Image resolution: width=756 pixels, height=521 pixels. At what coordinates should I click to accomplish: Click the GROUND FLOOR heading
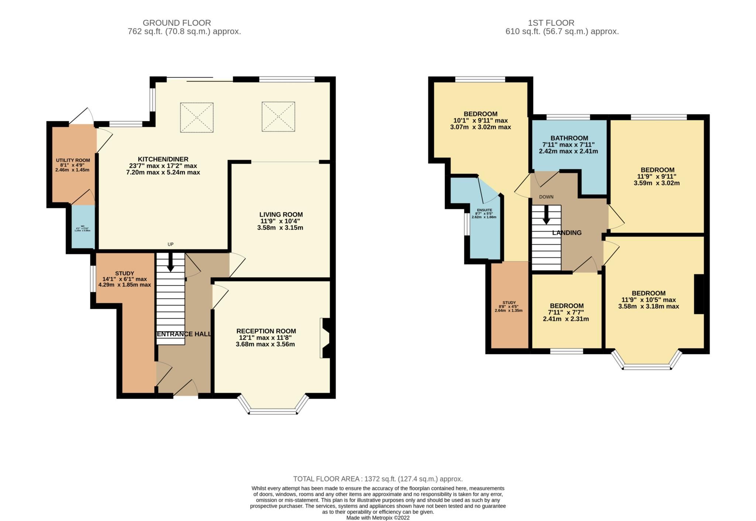(177, 23)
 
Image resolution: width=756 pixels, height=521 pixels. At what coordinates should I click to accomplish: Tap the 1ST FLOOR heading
(562, 23)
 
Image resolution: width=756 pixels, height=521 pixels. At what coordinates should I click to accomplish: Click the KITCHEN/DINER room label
(163, 159)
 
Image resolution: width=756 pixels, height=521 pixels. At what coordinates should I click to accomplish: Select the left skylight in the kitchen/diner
(197, 117)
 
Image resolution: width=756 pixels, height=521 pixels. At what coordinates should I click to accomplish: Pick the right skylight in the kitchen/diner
(278, 117)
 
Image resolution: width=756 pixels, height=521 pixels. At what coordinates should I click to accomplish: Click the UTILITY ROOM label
(73, 160)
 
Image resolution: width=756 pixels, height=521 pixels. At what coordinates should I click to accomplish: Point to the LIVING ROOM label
(281, 215)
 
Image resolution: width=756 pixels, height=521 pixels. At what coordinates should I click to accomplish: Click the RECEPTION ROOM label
(266, 331)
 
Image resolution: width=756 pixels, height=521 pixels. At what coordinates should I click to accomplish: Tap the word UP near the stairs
(171, 244)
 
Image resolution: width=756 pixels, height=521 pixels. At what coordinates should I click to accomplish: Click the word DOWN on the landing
(546, 197)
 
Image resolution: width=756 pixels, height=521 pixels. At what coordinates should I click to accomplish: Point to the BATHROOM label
(565, 138)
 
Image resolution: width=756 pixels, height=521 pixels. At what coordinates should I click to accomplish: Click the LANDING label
(567, 233)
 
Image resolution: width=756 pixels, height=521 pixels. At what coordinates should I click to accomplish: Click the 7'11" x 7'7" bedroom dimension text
(566, 312)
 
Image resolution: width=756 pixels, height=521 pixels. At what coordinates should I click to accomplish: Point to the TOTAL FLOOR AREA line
(378, 479)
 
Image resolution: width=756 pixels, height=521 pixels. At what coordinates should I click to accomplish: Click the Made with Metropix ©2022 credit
(378, 518)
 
